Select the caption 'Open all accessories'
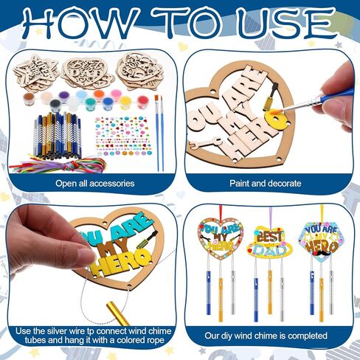(x=89, y=183)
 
